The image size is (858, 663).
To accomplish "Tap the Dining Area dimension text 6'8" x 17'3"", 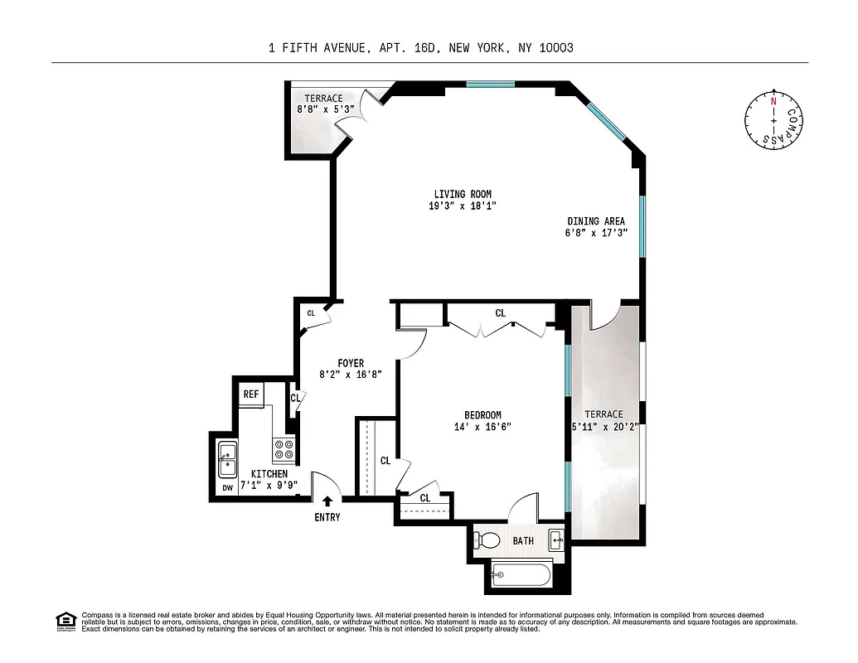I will (x=596, y=233).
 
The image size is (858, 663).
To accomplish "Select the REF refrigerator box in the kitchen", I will (x=251, y=394).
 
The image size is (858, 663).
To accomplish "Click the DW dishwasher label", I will (x=226, y=488).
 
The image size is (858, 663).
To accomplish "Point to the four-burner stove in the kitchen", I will (x=284, y=450).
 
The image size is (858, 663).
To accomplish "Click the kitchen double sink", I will (x=226, y=459).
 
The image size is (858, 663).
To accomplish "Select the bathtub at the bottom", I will (x=521, y=573).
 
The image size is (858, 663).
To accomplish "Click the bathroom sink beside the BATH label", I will (x=556, y=541).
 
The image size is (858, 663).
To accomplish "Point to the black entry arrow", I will (x=327, y=501).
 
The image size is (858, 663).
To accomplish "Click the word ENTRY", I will (x=327, y=517).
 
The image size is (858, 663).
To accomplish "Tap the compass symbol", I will (x=773, y=121).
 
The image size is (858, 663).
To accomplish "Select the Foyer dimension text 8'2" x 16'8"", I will (x=351, y=375).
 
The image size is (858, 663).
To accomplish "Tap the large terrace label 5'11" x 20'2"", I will (x=609, y=427).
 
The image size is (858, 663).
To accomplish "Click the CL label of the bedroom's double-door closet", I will (x=500, y=313).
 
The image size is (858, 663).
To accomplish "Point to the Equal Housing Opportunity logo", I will (x=65, y=620).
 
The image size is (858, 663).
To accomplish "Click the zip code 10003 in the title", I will (x=555, y=48).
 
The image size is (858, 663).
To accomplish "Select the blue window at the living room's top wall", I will (x=490, y=84).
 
